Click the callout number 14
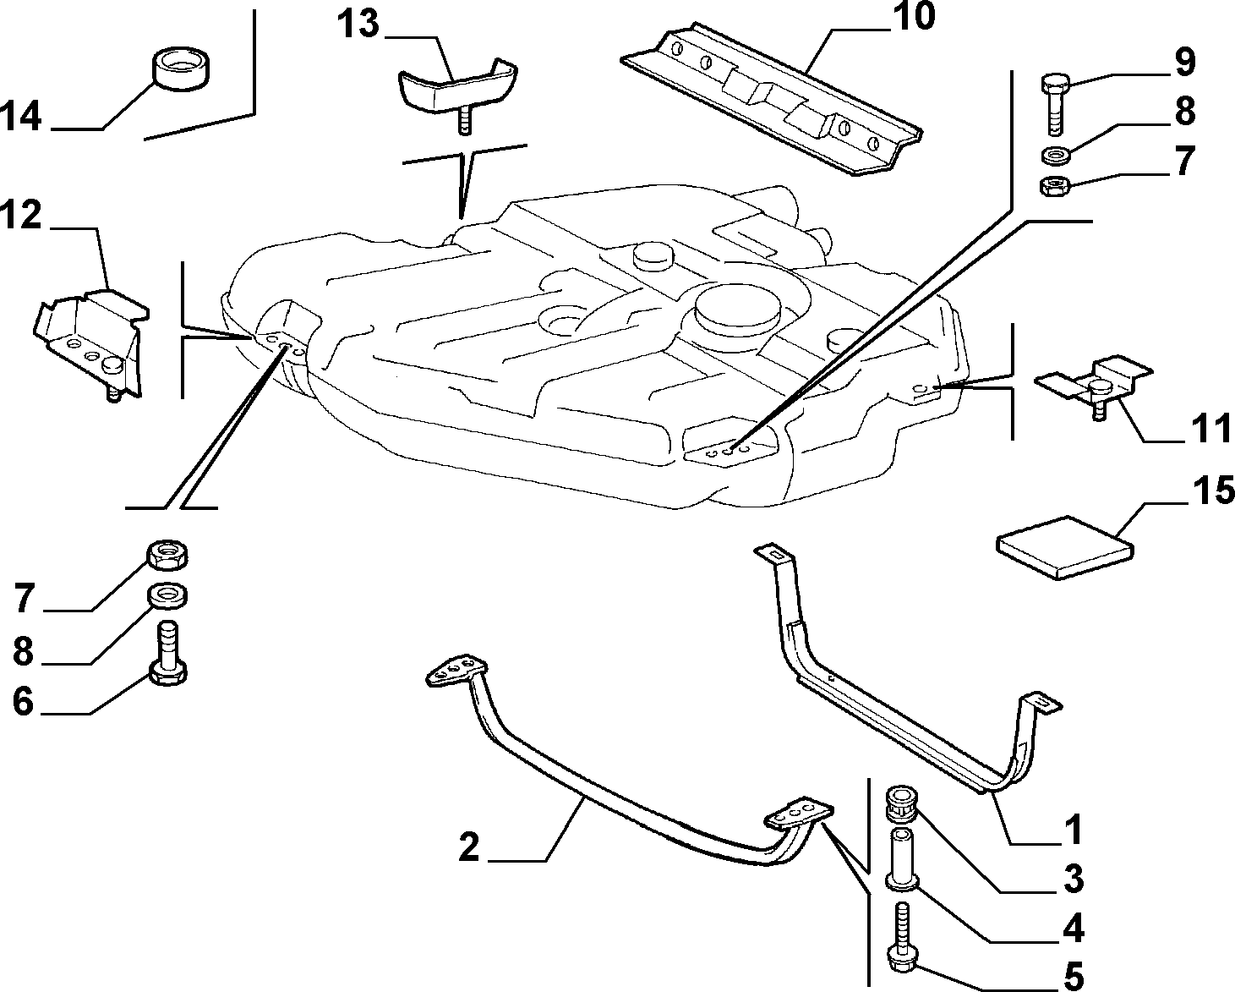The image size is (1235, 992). click(21, 117)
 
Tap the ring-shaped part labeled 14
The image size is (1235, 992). click(180, 69)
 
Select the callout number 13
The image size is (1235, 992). click(358, 24)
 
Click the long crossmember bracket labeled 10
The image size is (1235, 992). click(771, 98)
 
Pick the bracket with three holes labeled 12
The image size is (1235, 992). click(92, 343)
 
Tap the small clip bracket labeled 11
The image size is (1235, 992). click(1093, 385)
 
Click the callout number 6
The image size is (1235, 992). click(23, 701)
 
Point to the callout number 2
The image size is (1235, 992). click(469, 847)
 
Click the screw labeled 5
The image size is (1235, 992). click(903, 935)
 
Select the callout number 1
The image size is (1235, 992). click(1073, 830)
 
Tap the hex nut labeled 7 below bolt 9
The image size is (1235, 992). click(1055, 185)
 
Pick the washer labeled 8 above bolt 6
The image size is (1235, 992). click(167, 595)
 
